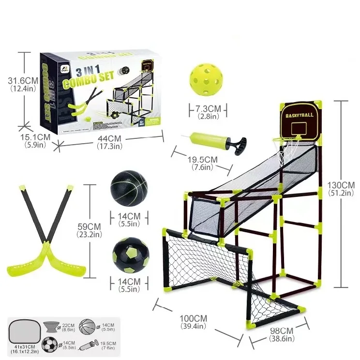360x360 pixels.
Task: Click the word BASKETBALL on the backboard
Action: [x=300, y=116]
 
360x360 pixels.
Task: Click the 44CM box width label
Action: [x=109, y=139]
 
